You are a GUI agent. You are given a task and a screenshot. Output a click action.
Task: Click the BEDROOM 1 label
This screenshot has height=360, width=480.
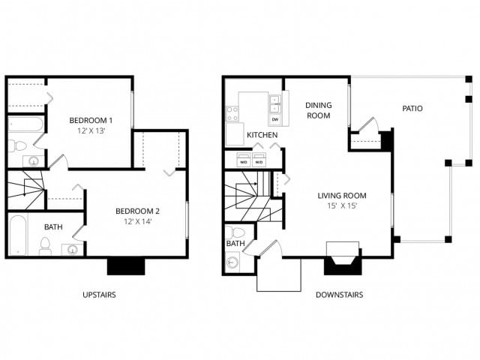tap(91, 121)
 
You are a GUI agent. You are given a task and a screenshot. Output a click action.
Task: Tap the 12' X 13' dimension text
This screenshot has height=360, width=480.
tap(91, 131)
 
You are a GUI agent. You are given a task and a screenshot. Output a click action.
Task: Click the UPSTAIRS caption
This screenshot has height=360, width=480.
tap(99, 295)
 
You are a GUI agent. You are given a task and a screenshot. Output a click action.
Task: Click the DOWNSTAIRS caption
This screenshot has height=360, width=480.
tap(340, 295)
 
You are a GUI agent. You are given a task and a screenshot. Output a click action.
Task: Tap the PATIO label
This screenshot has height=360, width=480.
tap(412, 109)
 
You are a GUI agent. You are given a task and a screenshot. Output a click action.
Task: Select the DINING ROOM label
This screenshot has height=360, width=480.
tap(318, 111)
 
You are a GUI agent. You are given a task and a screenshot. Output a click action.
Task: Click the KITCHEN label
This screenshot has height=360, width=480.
tap(262, 135)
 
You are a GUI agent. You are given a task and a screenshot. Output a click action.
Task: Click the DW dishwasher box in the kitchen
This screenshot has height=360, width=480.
tap(274, 119)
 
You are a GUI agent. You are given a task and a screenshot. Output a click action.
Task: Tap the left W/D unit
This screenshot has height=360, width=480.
tap(243, 161)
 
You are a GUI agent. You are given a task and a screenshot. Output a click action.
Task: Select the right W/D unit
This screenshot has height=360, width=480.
tap(259, 161)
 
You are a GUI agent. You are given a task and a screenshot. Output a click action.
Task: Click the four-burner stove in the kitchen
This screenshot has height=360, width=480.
tap(232, 114)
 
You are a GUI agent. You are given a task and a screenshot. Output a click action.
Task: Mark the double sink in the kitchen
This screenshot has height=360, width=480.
tap(274, 104)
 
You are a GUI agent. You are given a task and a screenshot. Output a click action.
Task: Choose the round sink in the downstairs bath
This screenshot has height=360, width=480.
tap(233, 262)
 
